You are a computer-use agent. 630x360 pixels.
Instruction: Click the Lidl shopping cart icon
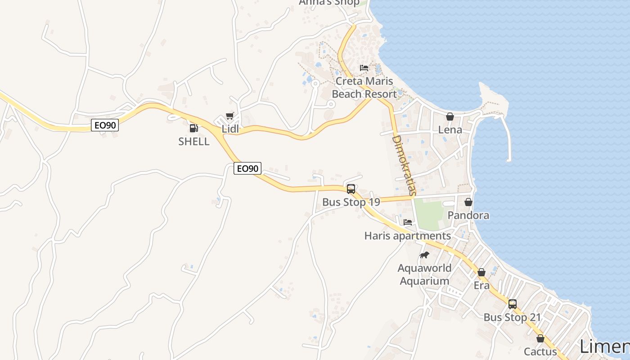click(230, 116)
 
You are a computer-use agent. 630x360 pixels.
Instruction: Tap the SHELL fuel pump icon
click(193, 128)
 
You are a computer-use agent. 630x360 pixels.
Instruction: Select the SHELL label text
click(194, 141)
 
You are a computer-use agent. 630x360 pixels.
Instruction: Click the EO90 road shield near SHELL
click(105, 125)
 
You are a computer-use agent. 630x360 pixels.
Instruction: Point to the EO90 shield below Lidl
click(247, 168)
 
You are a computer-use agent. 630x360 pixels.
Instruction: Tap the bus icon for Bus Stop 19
click(351, 189)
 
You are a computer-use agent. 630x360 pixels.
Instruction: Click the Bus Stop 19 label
click(351, 202)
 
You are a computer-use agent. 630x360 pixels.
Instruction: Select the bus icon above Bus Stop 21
click(512, 304)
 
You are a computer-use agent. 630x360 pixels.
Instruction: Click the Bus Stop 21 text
click(512, 317)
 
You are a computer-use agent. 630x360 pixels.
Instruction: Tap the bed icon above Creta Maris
click(364, 68)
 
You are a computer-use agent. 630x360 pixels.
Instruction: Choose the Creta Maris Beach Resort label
click(364, 88)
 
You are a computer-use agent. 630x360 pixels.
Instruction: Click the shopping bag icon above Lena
click(450, 117)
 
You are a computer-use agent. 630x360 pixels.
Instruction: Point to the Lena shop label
click(450, 130)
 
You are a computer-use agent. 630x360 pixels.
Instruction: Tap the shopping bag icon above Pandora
click(468, 202)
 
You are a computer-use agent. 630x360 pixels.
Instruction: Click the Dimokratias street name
click(403, 166)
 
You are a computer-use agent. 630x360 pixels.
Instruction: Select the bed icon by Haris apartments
click(408, 222)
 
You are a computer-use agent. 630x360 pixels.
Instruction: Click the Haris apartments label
click(408, 236)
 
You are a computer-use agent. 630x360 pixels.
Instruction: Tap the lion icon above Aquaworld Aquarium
click(424, 255)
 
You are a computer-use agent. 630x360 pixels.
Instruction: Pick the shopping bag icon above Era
click(481, 272)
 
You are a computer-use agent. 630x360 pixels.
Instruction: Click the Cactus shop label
click(540, 351)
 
